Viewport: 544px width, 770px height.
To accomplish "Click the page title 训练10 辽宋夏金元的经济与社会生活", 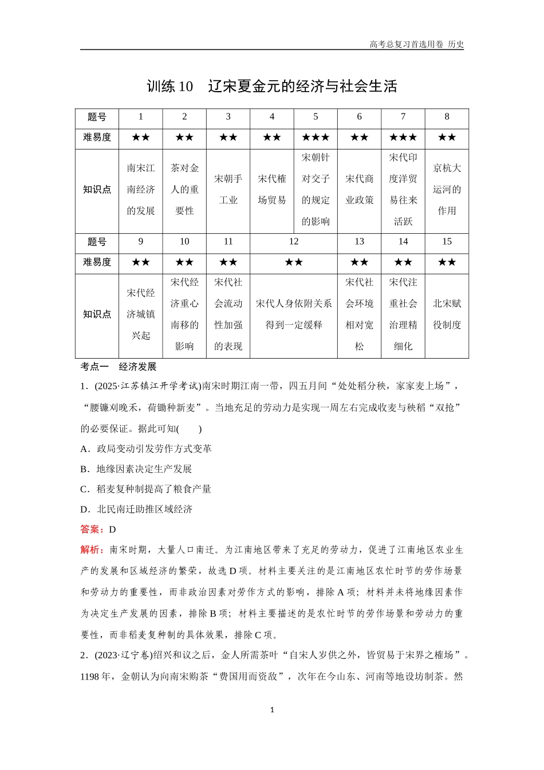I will [x=272, y=87].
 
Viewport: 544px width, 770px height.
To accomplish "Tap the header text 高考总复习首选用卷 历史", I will [x=416, y=44].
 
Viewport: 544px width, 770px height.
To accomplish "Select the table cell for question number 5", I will [x=316, y=117].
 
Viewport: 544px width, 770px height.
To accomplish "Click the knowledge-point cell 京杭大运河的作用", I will [x=447, y=190].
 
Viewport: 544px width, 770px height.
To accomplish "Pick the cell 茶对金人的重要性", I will [x=184, y=190].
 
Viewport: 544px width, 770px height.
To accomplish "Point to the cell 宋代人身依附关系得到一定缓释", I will [x=294, y=315].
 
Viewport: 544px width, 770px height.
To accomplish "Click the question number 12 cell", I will [x=294, y=242].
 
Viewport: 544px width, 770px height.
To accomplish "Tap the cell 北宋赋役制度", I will [x=447, y=315].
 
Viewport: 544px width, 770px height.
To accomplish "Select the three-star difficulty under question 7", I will [x=403, y=137].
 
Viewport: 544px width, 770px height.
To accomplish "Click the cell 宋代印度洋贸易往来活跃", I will [x=403, y=190].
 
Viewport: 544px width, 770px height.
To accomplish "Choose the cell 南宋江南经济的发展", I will [x=141, y=190].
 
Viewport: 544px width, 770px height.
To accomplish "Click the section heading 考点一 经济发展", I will [x=119, y=367].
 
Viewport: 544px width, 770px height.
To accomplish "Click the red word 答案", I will [x=91, y=529].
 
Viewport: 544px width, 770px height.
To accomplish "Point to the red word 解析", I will [x=91, y=549].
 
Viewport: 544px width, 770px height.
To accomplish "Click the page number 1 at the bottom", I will [x=272, y=710].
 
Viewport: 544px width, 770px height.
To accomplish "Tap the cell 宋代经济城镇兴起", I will [x=141, y=315].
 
